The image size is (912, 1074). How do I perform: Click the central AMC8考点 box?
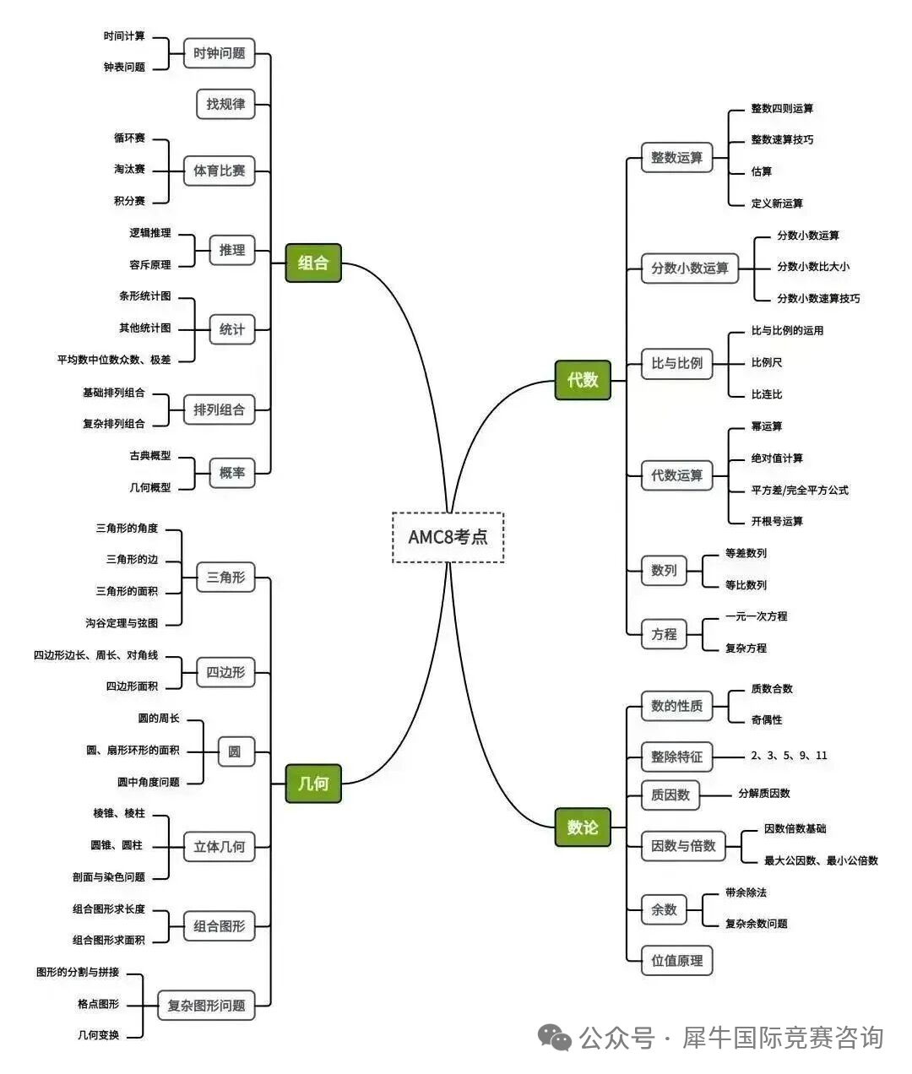pos(448,537)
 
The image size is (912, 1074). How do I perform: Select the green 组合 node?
pos(313,263)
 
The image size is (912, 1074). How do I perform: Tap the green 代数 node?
pos(583,380)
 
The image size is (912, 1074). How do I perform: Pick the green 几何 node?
pos(313,784)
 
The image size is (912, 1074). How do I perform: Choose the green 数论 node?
pos(583,827)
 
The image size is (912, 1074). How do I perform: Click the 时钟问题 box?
pos(220,53)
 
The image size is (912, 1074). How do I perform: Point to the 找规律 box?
pos(225,104)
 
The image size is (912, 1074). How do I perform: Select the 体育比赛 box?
pos(220,171)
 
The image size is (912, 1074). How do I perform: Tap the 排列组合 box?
pos(220,410)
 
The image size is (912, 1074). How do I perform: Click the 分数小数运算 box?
pos(689,268)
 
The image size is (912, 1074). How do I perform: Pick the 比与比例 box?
pos(676,363)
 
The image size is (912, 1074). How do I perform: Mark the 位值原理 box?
pos(676,961)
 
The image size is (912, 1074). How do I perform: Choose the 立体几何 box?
pos(220,846)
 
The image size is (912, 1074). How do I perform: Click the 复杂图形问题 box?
pos(206,1006)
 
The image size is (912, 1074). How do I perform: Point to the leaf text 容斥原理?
pos(150,265)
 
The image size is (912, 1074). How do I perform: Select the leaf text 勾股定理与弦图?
pos(122,623)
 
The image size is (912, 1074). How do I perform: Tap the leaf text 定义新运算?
pos(777,203)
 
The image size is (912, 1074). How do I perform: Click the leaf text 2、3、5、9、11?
pos(789,756)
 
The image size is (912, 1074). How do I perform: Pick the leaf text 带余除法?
pos(746,892)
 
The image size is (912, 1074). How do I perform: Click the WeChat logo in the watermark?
pos(555,1037)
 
